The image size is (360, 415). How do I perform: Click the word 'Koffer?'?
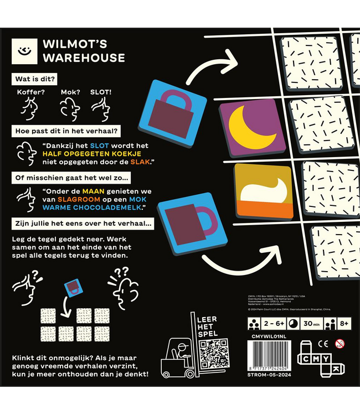click(30, 91)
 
